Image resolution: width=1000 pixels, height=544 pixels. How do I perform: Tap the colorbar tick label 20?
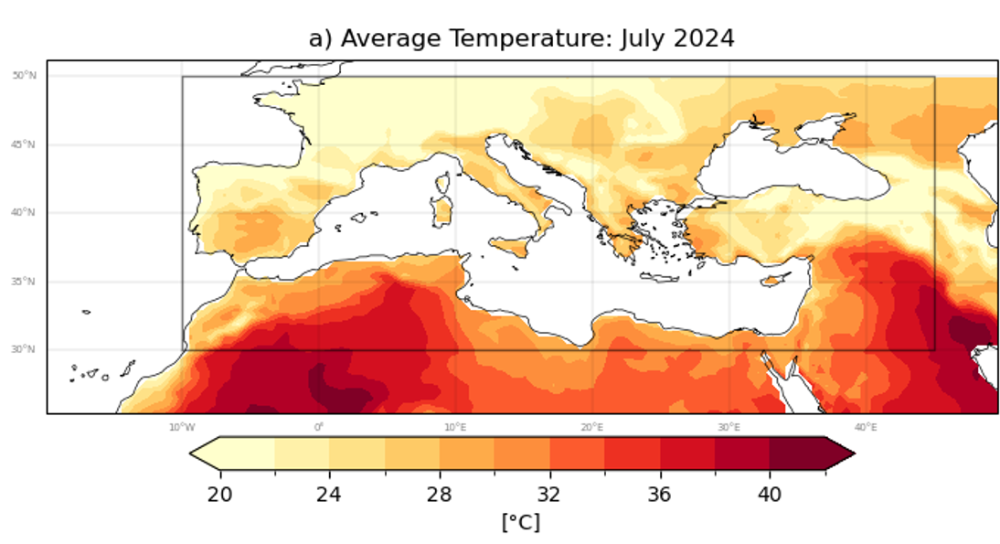coord(219,495)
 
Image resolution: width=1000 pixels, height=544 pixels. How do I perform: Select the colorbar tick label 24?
coord(329,495)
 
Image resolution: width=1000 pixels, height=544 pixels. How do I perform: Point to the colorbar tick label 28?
coord(440,495)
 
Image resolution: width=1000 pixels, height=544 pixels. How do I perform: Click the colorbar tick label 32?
coord(549,495)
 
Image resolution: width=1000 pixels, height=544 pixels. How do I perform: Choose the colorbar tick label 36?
coord(659,495)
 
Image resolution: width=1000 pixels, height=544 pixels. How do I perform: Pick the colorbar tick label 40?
coord(769,495)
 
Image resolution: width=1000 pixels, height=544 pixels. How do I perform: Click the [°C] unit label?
coord(520,522)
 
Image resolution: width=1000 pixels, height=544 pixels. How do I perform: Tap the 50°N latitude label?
coord(24,76)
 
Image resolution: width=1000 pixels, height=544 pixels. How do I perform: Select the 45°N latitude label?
coord(24,144)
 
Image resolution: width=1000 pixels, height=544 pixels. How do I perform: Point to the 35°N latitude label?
coord(24,282)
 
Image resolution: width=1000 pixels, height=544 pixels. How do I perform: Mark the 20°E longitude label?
coord(591,427)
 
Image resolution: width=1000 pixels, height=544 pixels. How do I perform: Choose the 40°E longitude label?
coord(866,427)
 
